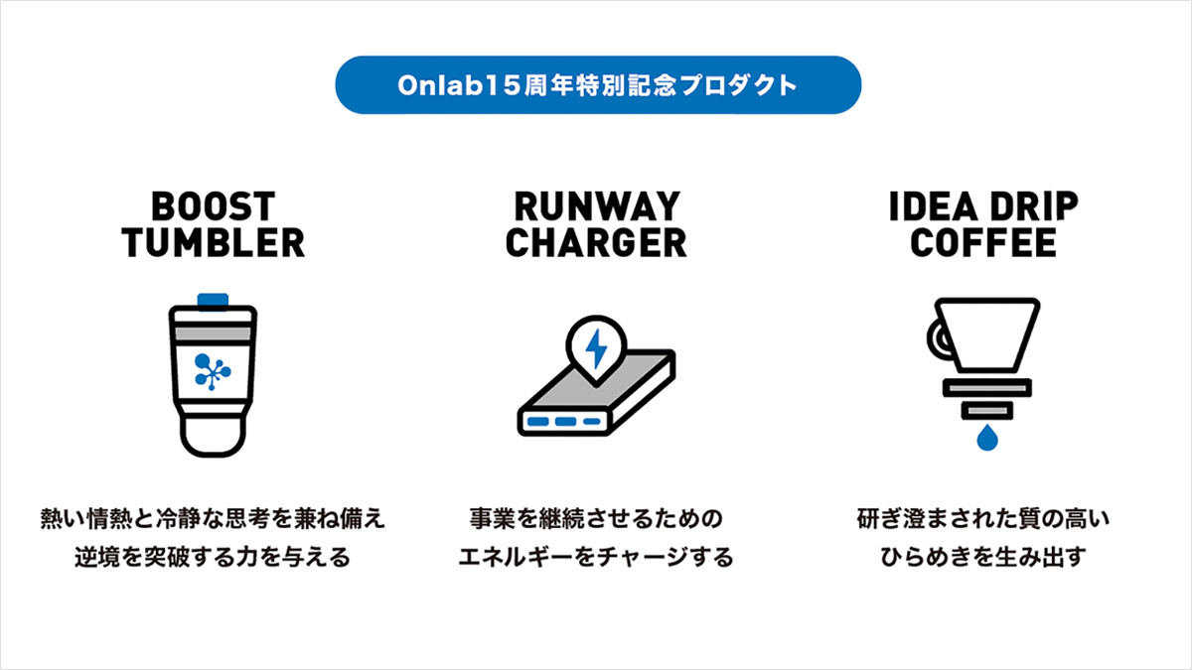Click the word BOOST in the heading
pos(213,206)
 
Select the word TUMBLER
pos(213,243)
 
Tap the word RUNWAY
pos(597,206)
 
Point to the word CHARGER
pos(596,243)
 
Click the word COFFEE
pos(983,243)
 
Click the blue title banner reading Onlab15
pos(598,85)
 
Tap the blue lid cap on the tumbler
pos(213,301)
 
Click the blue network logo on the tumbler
pos(213,371)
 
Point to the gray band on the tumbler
pos(213,334)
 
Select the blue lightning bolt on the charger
pos(596,348)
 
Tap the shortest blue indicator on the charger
pos(592,422)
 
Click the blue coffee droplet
pos(987,438)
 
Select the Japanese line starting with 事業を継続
pos(596,518)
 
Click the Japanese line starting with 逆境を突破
pos(213,557)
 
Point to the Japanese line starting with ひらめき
pos(983,557)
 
